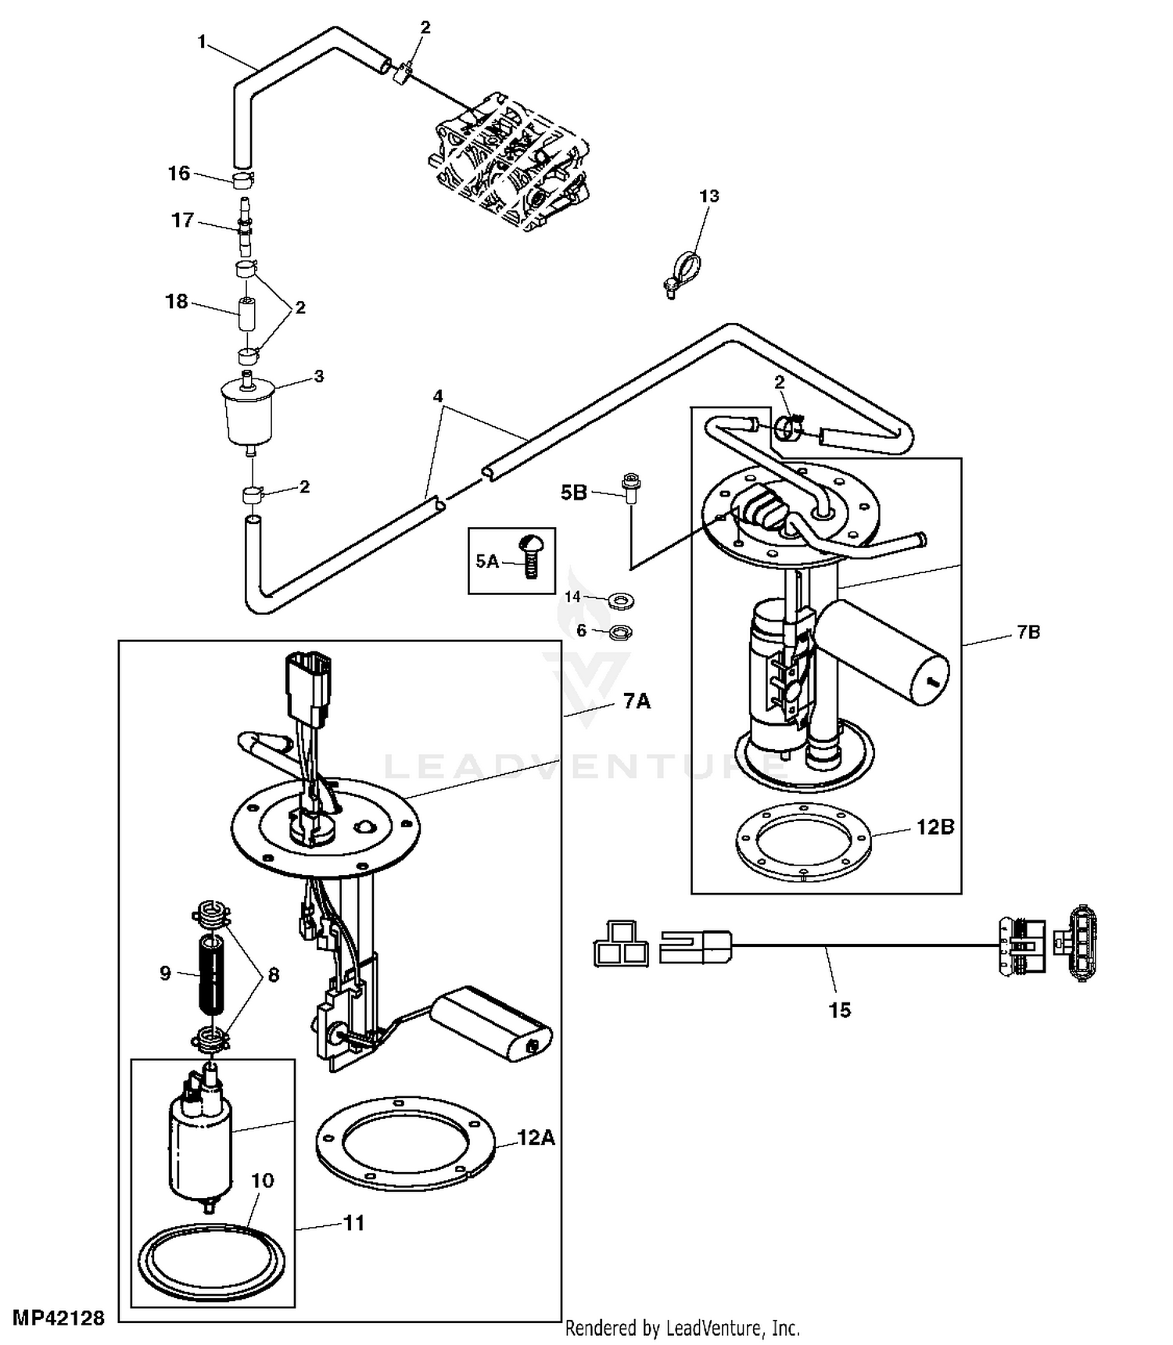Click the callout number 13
(708, 195)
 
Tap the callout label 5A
(487, 561)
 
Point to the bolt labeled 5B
(630, 488)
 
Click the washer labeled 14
(621, 601)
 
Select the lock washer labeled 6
(621, 630)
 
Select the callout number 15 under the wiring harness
(839, 1010)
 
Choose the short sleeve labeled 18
(248, 314)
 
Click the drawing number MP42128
(59, 1318)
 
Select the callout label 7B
(1028, 632)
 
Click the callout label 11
(354, 1223)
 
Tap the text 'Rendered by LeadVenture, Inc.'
(683, 1327)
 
